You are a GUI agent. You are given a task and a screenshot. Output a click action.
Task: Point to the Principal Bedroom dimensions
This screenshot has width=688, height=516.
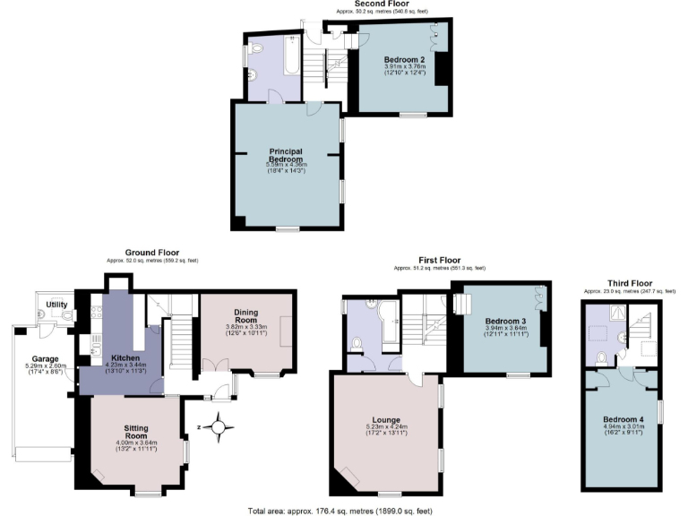(x=287, y=168)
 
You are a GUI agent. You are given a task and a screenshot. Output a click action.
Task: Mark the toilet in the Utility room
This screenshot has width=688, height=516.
(x=65, y=315)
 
